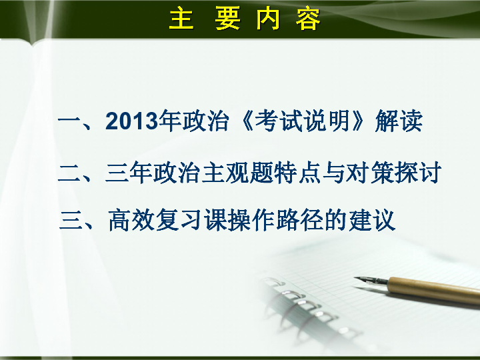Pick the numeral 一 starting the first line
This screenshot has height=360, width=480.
pos(69,123)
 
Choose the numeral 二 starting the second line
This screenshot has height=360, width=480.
pos(69,173)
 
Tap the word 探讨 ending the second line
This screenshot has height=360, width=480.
pos(419,173)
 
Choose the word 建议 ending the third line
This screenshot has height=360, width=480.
pos(372,219)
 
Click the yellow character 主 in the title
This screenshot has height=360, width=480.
pos(181,19)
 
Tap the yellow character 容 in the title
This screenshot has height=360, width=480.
pos(308,19)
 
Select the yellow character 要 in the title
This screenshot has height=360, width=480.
pos(228,19)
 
